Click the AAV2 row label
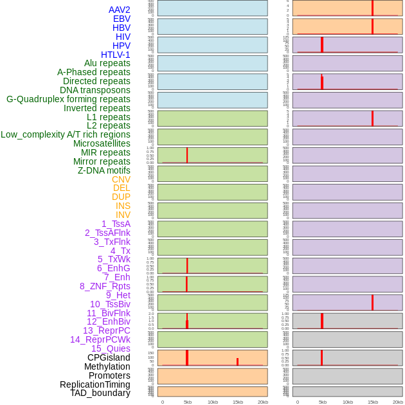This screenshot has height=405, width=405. click(x=120, y=10)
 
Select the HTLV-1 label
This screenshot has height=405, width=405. click(x=116, y=55)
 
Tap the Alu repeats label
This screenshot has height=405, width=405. click(x=107, y=63)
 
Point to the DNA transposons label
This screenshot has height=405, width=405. click(x=95, y=90)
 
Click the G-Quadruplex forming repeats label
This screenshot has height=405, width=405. click(x=68, y=99)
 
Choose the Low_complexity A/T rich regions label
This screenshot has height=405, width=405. click(x=66, y=134)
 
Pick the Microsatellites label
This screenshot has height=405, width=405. click(x=102, y=143)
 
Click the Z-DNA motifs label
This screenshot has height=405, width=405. click(x=104, y=170)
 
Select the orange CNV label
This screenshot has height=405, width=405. click(x=121, y=179)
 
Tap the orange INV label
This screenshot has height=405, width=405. click(x=123, y=215)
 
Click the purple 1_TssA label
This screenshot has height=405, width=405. click(x=116, y=224)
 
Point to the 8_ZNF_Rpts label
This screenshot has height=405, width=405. click(x=105, y=286)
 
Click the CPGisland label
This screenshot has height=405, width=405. click(x=109, y=357)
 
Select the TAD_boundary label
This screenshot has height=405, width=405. click(x=100, y=393)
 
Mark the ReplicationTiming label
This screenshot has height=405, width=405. click(x=95, y=384)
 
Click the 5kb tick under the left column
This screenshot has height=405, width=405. click(x=188, y=402)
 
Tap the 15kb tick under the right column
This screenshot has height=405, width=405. click(x=373, y=402)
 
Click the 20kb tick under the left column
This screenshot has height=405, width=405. click(x=263, y=402)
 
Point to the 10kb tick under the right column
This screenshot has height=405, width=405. click(x=348, y=402)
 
